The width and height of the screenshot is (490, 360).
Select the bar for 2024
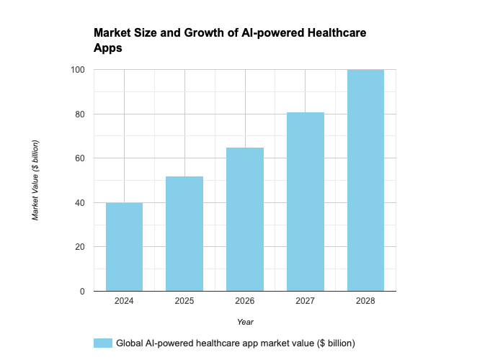124,247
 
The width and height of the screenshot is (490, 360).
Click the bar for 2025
184,234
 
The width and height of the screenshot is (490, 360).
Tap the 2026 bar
245,220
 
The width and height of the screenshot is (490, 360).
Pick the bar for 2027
306,202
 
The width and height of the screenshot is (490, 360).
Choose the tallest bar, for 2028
365,181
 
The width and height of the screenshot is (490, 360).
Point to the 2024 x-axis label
124,300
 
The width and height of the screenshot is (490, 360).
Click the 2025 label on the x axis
184,300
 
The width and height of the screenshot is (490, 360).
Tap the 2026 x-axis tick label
245,300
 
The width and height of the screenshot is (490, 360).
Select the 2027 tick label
306,300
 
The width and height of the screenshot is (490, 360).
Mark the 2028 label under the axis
365,300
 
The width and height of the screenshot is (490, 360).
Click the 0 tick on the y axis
82,292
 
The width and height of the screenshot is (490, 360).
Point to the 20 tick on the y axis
80,247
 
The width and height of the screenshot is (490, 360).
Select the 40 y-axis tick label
80,203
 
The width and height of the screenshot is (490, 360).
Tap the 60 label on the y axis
80,158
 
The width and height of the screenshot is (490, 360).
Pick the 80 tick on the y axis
80,114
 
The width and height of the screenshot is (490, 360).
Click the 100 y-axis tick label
78,70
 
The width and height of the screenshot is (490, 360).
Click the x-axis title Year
245,322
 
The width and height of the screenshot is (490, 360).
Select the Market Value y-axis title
35,181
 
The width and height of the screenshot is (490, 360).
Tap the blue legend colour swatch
103,343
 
